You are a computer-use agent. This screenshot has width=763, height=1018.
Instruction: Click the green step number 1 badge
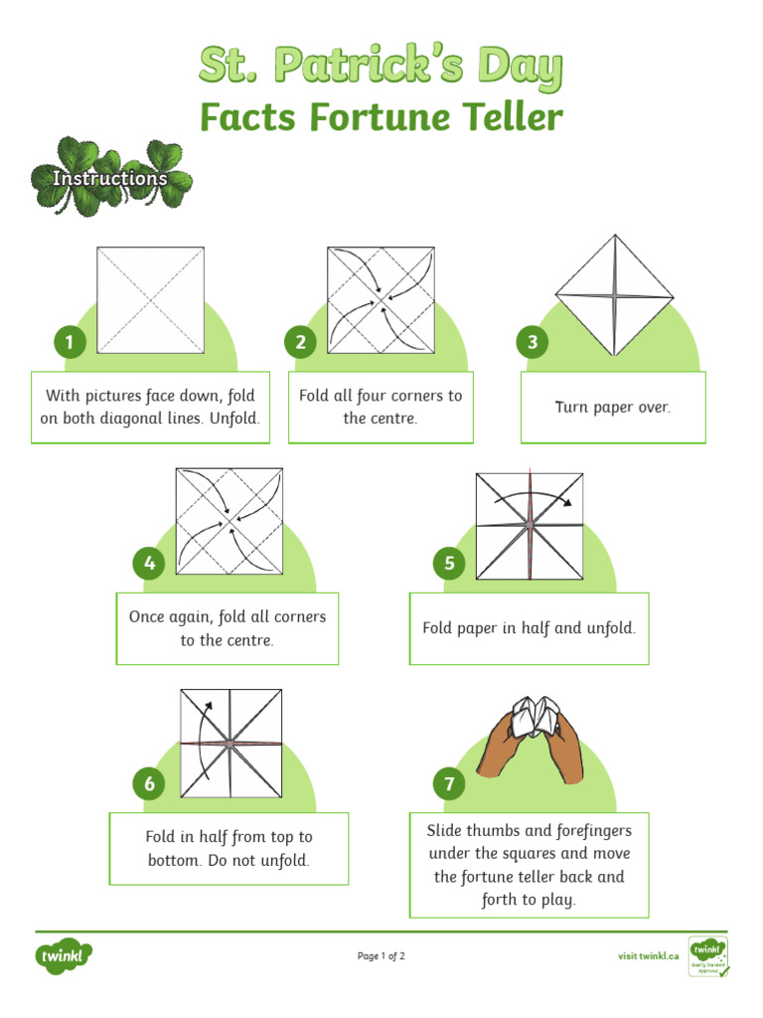tap(70, 343)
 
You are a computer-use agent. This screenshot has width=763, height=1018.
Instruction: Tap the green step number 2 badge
tap(301, 343)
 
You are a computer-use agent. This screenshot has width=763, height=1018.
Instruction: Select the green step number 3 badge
tap(533, 343)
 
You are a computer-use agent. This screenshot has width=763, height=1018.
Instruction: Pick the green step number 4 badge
tap(149, 564)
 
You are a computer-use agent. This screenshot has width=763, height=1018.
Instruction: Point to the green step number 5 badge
tap(449, 564)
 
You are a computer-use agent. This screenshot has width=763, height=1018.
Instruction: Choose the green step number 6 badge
tap(149, 784)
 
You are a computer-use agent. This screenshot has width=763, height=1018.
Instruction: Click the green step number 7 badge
tap(449, 784)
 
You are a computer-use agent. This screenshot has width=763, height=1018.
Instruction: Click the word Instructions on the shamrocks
tap(109, 178)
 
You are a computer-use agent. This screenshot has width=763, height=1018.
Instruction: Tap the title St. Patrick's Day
tap(381, 67)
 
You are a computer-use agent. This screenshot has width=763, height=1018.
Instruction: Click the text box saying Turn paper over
tap(613, 408)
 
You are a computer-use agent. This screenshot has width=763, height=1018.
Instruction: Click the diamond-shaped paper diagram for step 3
tap(614, 295)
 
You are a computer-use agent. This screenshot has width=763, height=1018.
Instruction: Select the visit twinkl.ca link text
tap(648, 956)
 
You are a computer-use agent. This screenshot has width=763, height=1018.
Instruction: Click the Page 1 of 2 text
tap(381, 956)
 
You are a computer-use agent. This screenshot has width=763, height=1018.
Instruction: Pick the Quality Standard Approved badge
tap(707, 956)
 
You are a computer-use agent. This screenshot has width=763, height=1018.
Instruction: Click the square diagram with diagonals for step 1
tap(150, 299)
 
